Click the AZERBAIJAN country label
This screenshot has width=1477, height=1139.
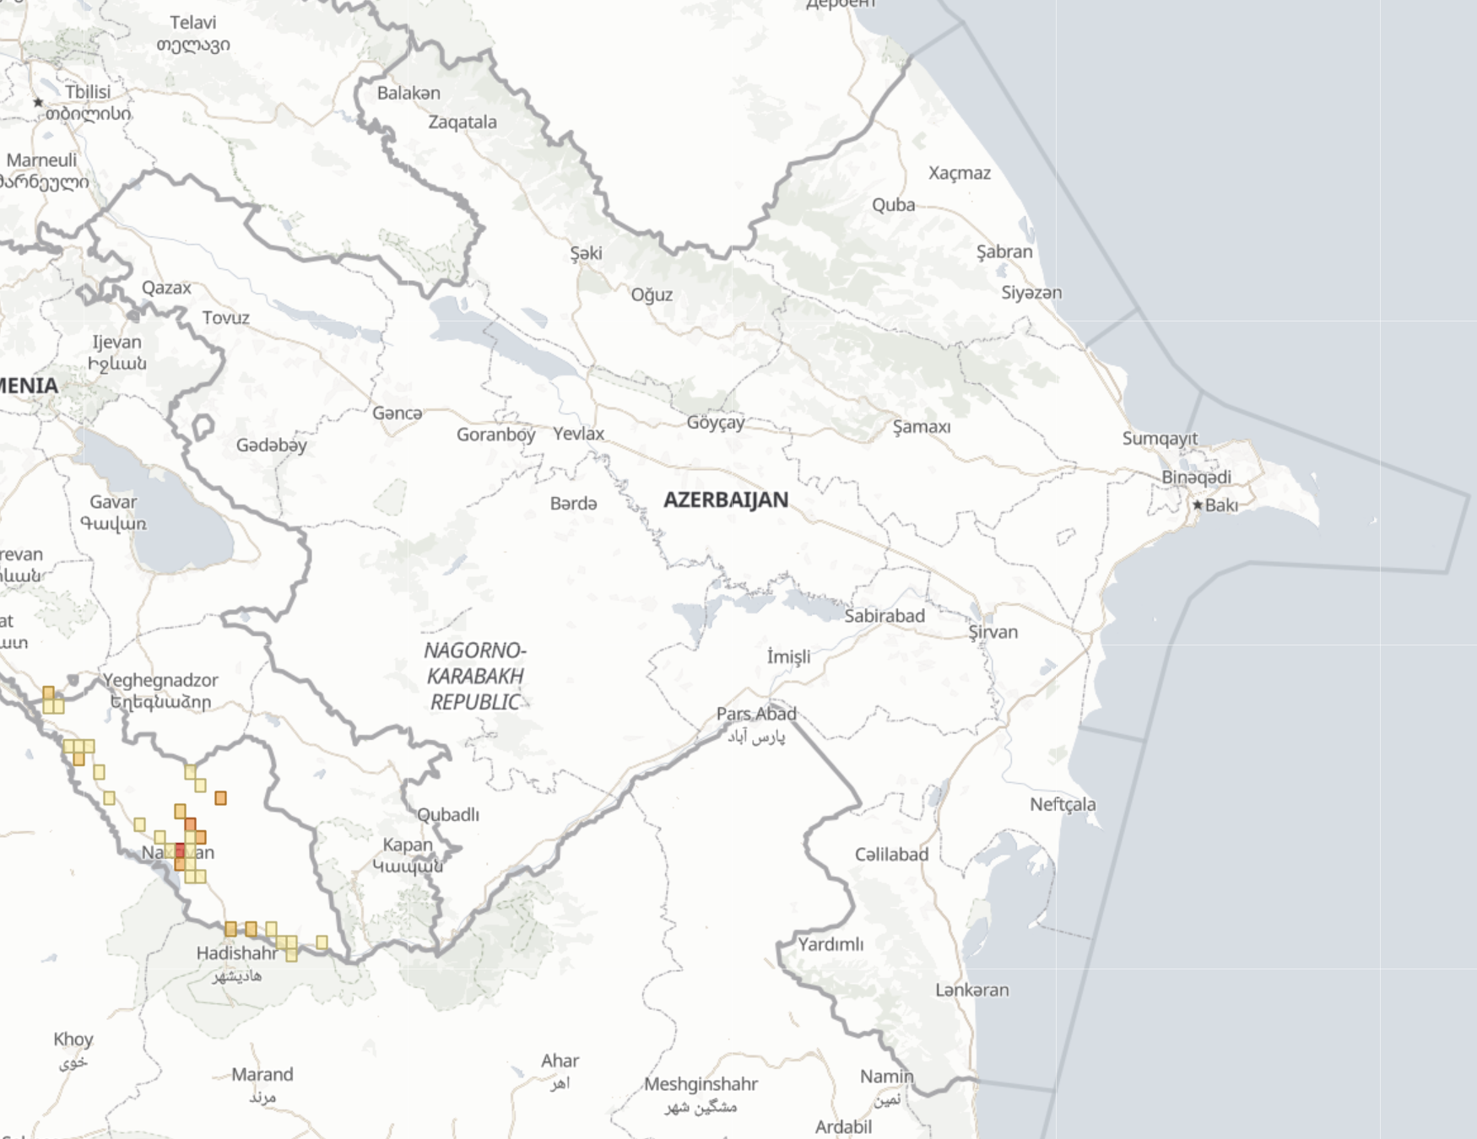(726, 499)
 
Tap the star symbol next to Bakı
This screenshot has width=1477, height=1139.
(1197, 505)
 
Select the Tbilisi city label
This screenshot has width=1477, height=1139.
(88, 91)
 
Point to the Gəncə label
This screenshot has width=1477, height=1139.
(397, 413)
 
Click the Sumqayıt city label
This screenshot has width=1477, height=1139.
(1160, 438)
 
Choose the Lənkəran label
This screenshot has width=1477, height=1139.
(971, 990)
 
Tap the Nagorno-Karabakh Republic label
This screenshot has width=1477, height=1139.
(474, 676)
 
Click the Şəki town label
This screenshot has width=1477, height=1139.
(586, 253)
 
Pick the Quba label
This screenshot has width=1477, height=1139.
(893, 205)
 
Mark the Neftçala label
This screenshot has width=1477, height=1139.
(1062, 804)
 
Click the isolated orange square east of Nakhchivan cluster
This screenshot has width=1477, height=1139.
(220, 798)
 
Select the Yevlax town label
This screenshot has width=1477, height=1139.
(578, 434)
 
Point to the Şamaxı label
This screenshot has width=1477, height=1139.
(922, 427)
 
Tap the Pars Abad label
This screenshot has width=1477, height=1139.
(755, 714)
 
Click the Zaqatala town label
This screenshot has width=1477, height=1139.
(463, 122)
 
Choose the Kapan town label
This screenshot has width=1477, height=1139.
(407, 845)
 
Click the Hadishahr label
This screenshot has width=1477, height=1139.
(236, 953)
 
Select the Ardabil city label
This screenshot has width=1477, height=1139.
(842, 1126)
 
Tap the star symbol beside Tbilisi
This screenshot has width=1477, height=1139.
(38, 102)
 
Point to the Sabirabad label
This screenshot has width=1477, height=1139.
(884, 616)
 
